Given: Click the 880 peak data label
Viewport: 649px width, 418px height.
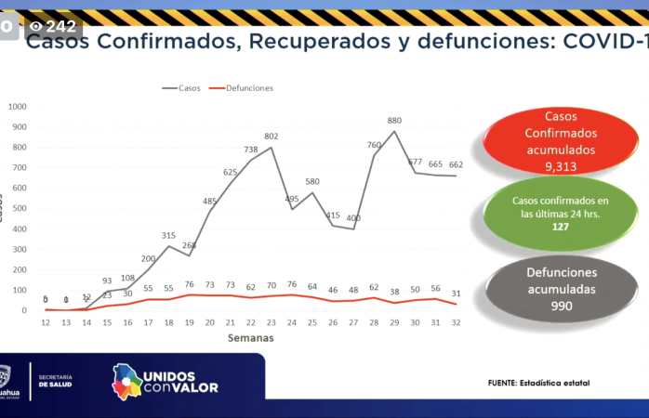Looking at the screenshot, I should [x=394, y=121].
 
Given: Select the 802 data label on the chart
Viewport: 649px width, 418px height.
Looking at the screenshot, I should [x=271, y=137].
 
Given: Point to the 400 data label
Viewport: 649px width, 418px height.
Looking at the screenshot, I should [x=353, y=218].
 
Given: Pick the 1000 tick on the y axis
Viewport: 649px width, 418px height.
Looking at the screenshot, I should [x=18, y=106].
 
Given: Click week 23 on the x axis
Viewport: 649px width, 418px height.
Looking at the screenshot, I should [x=271, y=322].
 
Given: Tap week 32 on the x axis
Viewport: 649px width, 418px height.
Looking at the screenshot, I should [x=456, y=322].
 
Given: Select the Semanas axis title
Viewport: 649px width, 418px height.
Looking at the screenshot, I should [x=250, y=338].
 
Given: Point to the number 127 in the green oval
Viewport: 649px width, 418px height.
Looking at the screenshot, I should [x=560, y=226].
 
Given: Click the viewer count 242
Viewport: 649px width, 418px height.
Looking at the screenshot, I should [x=60, y=26].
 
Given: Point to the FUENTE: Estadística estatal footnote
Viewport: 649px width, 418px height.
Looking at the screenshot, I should [x=538, y=383].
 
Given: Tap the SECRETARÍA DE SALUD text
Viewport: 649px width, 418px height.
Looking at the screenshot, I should [x=56, y=380].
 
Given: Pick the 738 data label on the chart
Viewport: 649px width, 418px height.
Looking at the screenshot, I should [x=250, y=150].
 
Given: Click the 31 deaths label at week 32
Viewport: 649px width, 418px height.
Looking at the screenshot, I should [x=456, y=294].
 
